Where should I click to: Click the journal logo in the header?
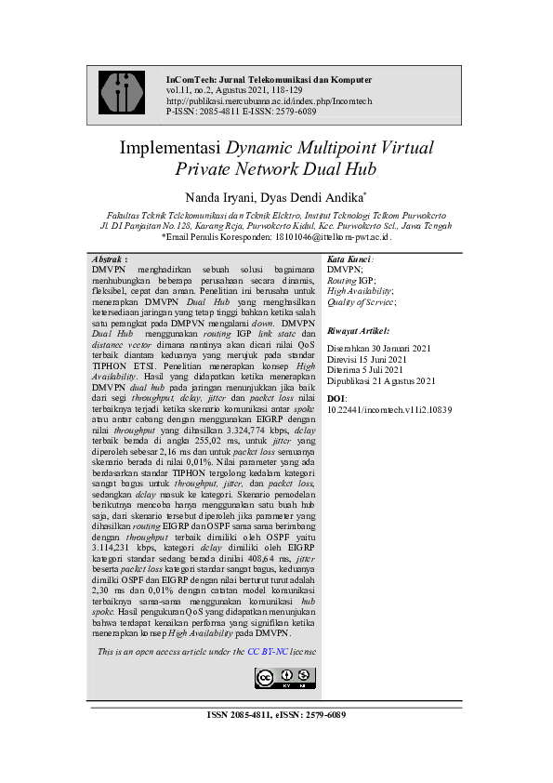(x=121, y=94)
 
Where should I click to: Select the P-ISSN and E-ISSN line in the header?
(x=241, y=112)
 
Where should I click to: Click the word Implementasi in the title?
(x=168, y=148)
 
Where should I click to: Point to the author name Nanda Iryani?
(x=225, y=197)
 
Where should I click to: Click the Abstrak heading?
(x=111, y=258)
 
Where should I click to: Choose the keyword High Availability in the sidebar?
(x=360, y=289)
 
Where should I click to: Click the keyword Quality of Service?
(x=361, y=300)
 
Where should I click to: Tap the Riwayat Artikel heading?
(x=358, y=330)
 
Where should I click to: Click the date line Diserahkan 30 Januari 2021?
(x=378, y=348)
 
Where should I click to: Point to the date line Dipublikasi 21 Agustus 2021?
(x=381, y=380)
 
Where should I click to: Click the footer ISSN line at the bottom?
(x=276, y=714)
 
